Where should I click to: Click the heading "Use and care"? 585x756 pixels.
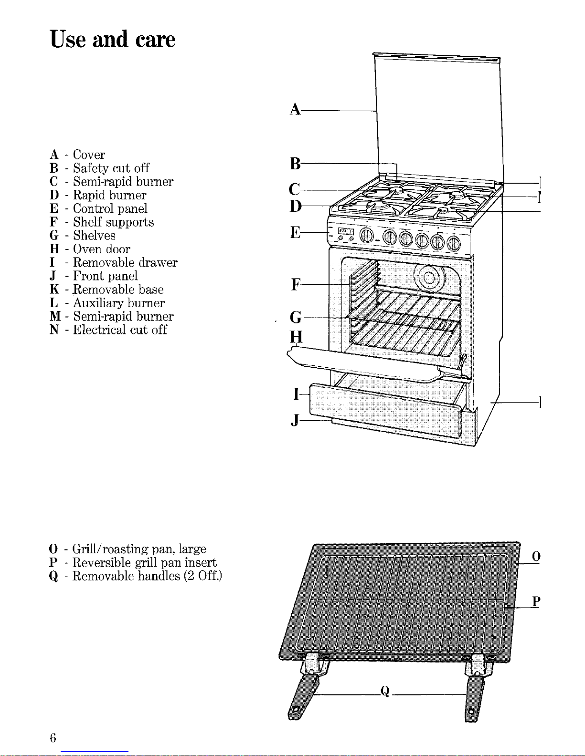point(113,39)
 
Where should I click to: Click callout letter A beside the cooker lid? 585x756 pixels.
point(295,110)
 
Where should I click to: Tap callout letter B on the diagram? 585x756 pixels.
point(295,164)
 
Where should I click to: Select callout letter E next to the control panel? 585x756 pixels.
point(295,232)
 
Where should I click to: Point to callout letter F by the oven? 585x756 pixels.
point(296,285)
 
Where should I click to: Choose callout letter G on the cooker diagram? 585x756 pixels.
point(296,317)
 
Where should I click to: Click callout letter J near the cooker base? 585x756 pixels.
point(296,420)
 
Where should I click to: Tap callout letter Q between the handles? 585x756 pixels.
point(385,691)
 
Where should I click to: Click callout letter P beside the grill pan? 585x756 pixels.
point(536,601)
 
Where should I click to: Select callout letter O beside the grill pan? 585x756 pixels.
point(536,557)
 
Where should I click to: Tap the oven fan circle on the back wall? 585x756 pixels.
point(429,278)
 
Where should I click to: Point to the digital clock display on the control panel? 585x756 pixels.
point(345,231)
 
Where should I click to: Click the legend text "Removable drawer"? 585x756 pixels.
point(125,263)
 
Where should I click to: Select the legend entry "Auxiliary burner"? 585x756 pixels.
point(119,303)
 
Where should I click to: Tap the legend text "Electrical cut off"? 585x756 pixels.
point(120,330)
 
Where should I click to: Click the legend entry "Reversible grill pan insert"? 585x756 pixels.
point(144,562)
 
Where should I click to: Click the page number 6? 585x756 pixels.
point(53,738)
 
